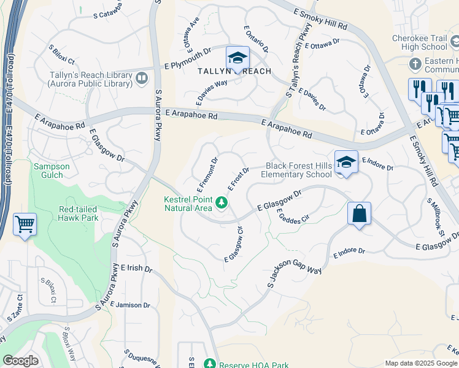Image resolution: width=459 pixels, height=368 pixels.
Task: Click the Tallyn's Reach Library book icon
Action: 142,77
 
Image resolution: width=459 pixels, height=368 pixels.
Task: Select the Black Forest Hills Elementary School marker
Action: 346,162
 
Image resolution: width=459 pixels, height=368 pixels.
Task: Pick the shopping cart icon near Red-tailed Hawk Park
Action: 25,224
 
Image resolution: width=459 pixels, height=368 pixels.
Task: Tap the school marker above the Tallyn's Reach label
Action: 237,58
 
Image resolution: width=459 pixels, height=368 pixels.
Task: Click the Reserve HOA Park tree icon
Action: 210,364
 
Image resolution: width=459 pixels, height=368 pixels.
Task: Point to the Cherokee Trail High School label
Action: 420,42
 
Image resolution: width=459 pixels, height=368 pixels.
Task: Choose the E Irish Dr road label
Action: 136,268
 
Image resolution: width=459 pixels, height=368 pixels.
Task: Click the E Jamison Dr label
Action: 133,305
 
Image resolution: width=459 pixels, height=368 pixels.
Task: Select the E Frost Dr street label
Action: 238,178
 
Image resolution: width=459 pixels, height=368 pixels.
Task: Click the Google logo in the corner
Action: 20,361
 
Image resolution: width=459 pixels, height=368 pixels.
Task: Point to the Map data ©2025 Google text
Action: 421,363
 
